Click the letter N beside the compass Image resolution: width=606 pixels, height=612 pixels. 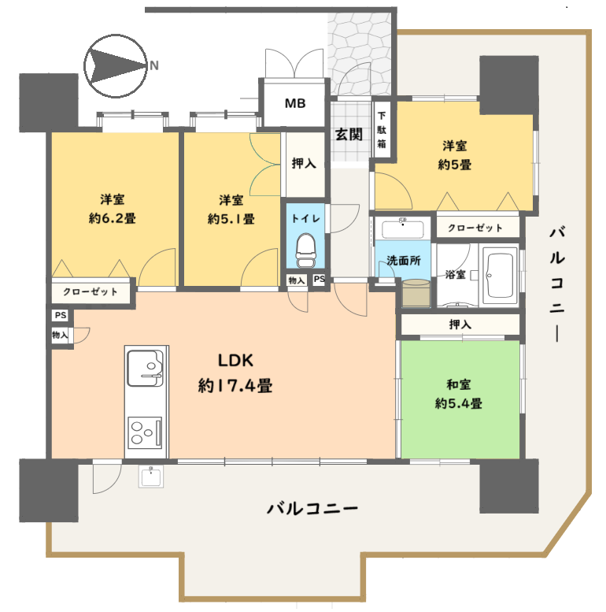point(154,65)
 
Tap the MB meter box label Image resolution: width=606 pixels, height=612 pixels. point(295,103)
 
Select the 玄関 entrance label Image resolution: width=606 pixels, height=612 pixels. point(349,134)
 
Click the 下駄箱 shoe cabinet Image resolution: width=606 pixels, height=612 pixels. point(382,130)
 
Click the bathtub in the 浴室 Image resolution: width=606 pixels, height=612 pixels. point(499,275)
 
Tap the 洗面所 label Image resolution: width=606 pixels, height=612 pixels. point(404,261)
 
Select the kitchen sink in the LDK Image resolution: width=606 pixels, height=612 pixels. point(145,368)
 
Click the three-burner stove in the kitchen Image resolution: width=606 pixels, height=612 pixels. point(145,433)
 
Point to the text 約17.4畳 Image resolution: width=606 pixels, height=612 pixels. point(235,386)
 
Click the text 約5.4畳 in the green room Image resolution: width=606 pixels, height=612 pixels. point(459,403)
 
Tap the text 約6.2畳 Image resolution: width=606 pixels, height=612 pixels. point(113,218)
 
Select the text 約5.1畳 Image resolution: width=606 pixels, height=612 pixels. point(231,219)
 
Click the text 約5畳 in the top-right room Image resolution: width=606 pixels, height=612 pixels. point(455,165)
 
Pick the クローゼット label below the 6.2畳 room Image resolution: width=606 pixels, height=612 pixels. point(91,291)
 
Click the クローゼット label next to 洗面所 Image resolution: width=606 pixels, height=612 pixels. point(475,228)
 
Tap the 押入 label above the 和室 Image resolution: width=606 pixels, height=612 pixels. point(460,325)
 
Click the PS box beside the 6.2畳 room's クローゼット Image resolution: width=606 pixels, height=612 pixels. point(61,315)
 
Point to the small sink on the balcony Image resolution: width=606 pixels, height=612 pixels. point(151,477)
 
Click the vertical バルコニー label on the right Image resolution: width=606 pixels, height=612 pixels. point(557,284)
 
